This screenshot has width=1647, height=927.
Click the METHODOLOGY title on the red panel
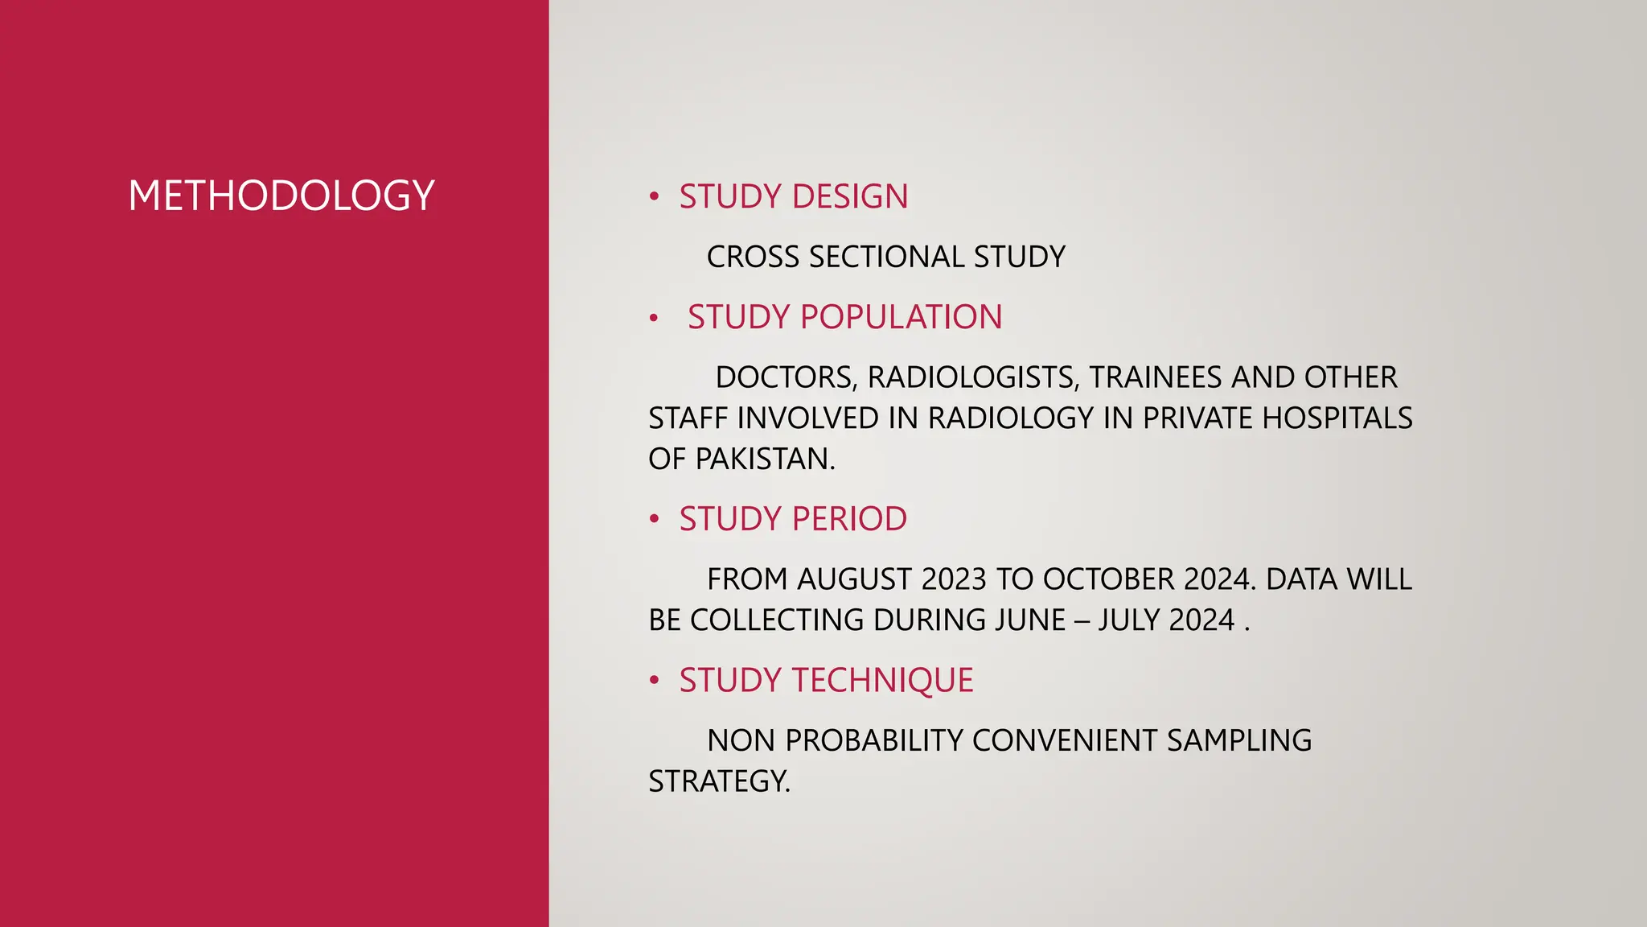click(x=281, y=196)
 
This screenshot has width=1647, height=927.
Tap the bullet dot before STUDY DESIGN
click(x=655, y=196)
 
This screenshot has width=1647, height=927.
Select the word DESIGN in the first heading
click(x=850, y=196)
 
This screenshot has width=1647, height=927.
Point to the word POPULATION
click(x=902, y=317)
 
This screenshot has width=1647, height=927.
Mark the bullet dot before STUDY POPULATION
click(x=655, y=319)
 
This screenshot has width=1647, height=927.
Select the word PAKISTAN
click(x=765, y=459)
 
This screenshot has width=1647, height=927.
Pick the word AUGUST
click(x=854, y=579)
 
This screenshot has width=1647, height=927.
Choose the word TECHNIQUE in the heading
click(x=883, y=680)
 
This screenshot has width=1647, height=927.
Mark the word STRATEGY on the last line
click(x=719, y=781)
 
